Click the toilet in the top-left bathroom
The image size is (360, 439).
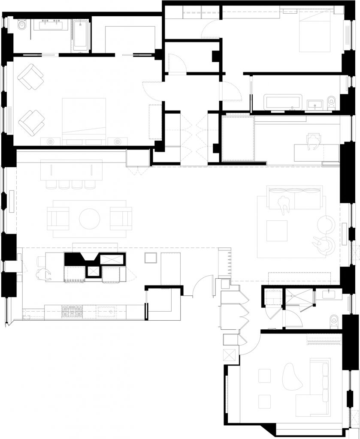click(x=22, y=27)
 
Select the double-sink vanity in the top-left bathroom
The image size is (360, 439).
click(x=51, y=25)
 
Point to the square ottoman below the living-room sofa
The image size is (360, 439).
click(x=277, y=231)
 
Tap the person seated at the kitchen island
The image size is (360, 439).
click(x=43, y=274)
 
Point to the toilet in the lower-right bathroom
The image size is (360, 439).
click(x=334, y=320)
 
